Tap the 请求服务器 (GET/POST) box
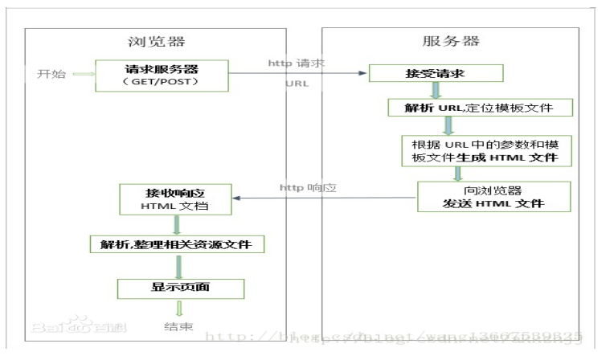pos(162,74)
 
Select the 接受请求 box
pos(436,74)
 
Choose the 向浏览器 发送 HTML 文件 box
pos(493,197)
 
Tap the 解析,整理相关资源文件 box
pos(176,243)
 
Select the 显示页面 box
pos(180,286)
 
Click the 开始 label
pos(48,75)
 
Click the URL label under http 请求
pos(297,84)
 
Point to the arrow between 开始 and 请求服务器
pos(82,75)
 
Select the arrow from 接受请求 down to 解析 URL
pos(436,90)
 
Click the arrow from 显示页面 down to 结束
pos(180,308)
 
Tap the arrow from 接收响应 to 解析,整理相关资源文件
pos(176,225)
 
